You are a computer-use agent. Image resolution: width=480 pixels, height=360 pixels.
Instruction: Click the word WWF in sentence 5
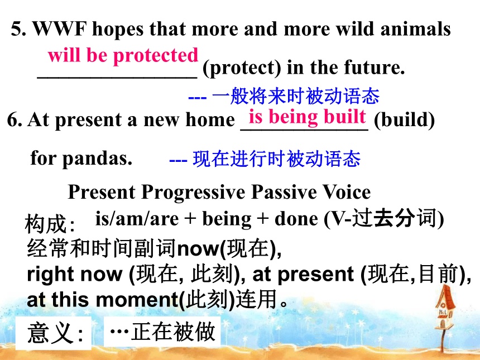60,29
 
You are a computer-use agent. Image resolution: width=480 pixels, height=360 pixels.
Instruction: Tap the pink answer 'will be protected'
123,56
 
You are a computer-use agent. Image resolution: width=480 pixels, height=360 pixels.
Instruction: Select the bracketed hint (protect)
242,68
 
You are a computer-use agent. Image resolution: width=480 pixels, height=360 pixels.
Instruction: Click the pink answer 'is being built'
308,117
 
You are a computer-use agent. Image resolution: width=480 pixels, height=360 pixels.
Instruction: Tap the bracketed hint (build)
405,119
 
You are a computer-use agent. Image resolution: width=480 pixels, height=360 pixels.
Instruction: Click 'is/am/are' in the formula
137,219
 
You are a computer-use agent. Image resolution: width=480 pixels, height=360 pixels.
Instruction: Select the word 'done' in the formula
296,219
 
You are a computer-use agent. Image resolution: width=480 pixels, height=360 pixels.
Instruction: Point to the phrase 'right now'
75,274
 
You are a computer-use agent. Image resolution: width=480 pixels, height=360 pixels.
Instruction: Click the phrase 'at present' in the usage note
303,274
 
